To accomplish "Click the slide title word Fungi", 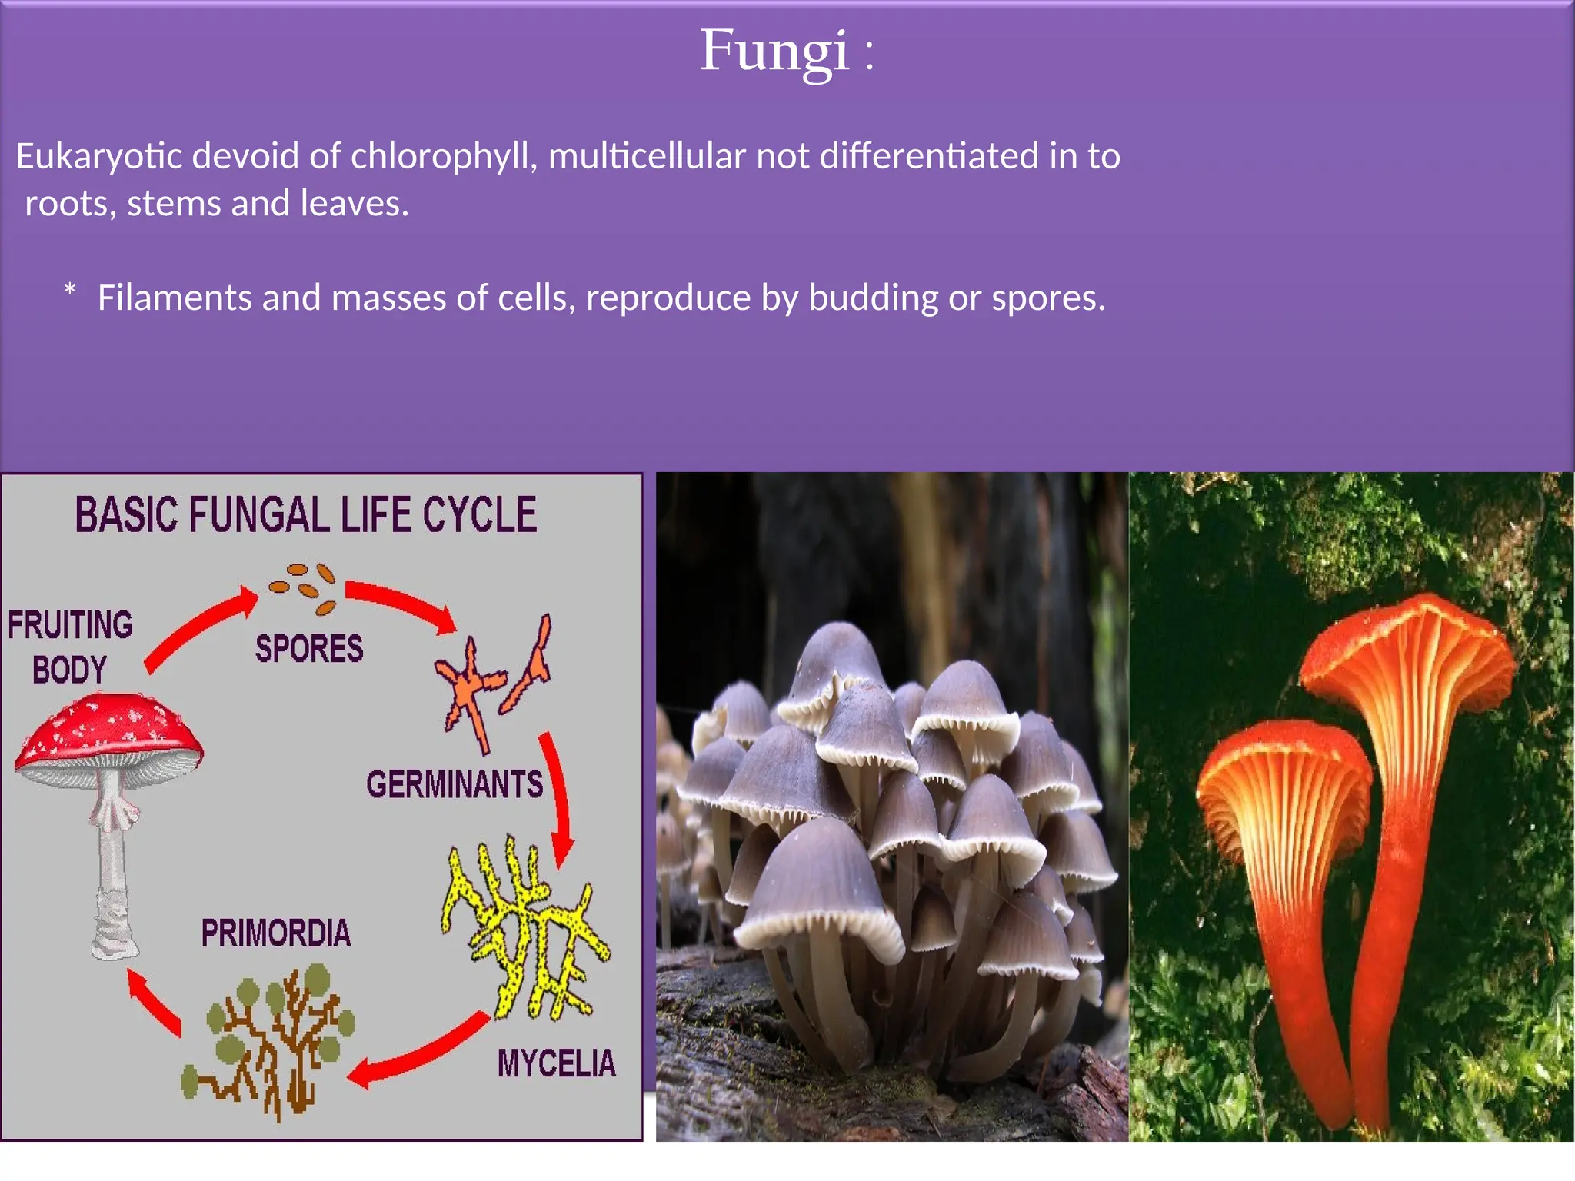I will coord(774,51).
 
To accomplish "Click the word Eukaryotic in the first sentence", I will coord(98,156).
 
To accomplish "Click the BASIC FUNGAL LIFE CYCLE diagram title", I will coord(305,514).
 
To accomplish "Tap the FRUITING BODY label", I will coord(70,646).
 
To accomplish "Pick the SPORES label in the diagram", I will coord(309,648).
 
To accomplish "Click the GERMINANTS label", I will coord(454,784).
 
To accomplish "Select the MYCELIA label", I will coord(556,1063).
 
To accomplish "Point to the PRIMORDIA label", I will coord(276,933).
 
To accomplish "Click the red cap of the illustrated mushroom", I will coord(108,730).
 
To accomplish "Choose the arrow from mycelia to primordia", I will coord(419,1053).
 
